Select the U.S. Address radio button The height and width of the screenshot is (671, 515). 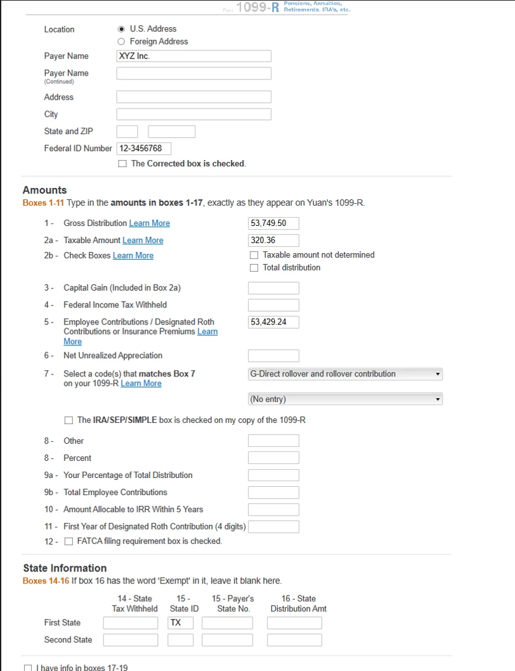click(121, 29)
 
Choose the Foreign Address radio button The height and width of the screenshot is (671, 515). click(121, 42)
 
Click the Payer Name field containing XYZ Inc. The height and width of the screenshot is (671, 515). click(193, 56)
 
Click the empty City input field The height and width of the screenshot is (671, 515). click(193, 114)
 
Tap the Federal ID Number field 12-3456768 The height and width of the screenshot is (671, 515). click(144, 149)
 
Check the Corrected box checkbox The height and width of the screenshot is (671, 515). click(122, 164)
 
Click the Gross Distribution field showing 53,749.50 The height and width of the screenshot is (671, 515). click(273, 223)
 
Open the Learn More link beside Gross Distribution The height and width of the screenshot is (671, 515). click(150, 223)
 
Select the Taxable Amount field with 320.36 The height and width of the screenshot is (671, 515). click(273, 241)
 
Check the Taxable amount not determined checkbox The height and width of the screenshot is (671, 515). click(254, 255)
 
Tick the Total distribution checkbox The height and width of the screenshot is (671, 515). click(254, 268)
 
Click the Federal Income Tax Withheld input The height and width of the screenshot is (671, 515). click(273, 305)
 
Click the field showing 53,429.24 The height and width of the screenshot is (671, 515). click(273, 322)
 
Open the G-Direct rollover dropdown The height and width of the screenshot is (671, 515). click(345, 374)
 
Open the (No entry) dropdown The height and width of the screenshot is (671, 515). click(345, 399)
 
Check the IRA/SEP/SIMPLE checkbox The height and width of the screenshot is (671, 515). click(68, 420)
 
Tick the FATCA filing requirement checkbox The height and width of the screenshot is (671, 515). click(68, 541)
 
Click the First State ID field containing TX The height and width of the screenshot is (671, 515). click(181, 623)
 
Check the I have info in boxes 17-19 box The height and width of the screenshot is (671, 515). click(28, 667)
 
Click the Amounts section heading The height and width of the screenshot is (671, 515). click(44, 190)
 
